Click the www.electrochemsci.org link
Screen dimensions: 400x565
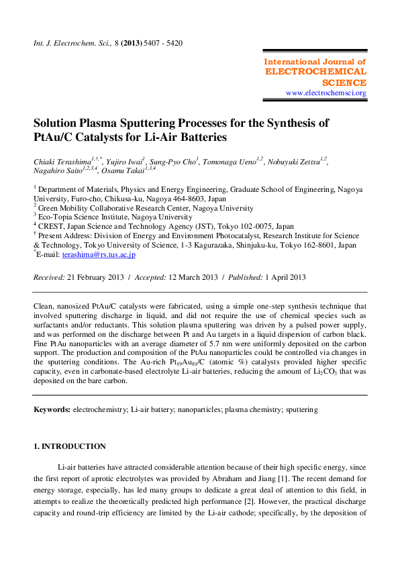pos(326,93)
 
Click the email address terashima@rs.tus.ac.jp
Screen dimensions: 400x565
pos(105,254)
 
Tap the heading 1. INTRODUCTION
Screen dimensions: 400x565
pos(70,446)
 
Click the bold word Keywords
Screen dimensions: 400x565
pos(51,409)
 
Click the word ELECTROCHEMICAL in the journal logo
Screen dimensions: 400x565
pos(316,71)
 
